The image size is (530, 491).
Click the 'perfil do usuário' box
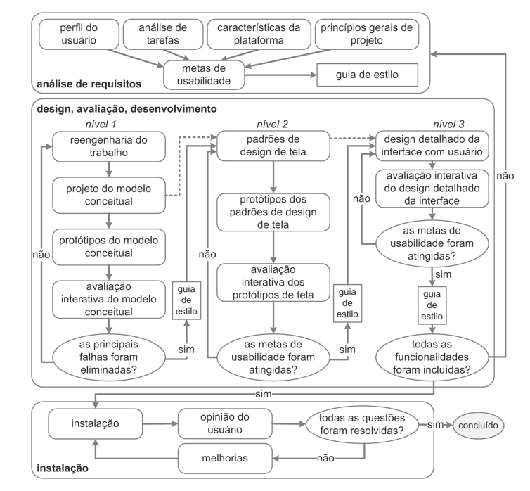(79, 34)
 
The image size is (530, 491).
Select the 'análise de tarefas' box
(163, 34)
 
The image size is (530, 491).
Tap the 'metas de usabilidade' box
(204, 75)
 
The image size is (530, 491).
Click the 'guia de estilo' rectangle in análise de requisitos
(367, 75)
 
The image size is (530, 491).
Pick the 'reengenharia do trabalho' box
(109, 146)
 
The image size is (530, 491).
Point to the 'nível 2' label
(272, 124)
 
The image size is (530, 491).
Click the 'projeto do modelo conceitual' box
(109, 195)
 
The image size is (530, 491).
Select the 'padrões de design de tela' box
(273, 146)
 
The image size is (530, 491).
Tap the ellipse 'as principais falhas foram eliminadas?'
(109, 357)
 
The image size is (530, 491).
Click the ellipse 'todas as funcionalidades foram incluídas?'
(432, 357)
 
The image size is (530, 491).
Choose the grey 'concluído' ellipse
(478, 425)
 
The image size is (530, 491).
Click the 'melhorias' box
(225, 458)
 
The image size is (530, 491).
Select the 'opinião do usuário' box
(225, 423)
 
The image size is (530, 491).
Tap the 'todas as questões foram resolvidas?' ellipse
(362, 424)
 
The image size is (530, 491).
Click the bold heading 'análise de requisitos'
(89, 84)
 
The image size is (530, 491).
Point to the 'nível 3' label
(448, 124)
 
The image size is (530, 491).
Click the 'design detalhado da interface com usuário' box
(432, 146)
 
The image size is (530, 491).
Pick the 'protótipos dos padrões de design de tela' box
(273, 212)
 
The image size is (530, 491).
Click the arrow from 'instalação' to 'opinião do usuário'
(160, 423)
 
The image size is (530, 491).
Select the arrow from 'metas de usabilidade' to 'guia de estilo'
(280, 75)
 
